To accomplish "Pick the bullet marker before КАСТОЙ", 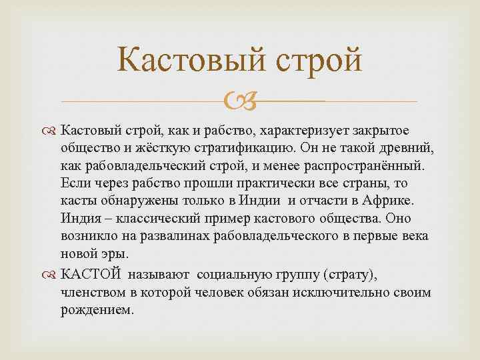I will click(69, 273).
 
